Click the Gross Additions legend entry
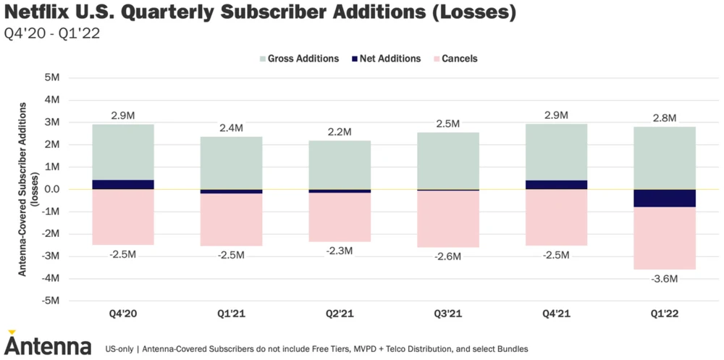(x=298, y=59)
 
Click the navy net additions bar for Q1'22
(x=665, y=198)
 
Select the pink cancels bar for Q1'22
(x=665, y=238)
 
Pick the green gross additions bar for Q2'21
(x=340, y=164)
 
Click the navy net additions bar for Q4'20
(x=123, y=185)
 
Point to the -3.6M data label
(x=664, y=279)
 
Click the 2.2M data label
(x=339, y=132)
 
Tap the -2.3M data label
(x=339, y=251)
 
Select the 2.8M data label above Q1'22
(x=664, y=118)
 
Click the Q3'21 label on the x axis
(x=448, y=314)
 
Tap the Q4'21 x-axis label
(x=556, y=314)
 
